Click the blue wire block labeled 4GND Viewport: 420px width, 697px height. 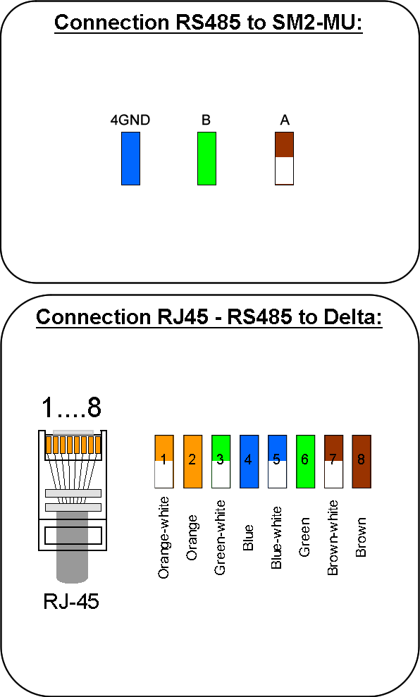click(130, 159)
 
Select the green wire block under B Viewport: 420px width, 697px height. click(206, 159)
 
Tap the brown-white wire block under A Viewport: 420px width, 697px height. click(284, 159)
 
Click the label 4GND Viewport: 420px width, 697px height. click(130, 120)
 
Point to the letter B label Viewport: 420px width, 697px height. click(206, 120)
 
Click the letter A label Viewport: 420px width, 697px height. click(285, 120)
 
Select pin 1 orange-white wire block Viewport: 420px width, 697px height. click(164, 462)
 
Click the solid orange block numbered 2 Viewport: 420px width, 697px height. click(192, 462)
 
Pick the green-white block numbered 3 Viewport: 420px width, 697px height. click(221, 462)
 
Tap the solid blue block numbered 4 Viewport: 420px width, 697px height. click(249, 462)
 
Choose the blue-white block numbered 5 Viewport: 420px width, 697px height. click(277, 462)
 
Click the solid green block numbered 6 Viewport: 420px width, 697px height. click(305, 462)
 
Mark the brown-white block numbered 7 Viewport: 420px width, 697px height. click(333, 462)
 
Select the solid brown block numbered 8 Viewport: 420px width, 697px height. click(362, 462)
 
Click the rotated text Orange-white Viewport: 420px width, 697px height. click(163, 538)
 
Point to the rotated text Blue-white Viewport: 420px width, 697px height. click(276, 538)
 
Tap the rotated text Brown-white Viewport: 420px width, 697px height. click(333, 538)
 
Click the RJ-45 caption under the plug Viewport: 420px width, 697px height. click(71, 601)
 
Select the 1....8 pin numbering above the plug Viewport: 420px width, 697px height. click(71, 407)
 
